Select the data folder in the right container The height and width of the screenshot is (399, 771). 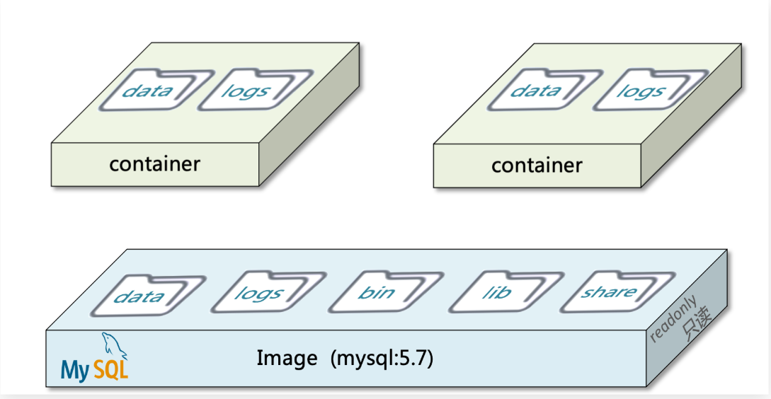point(535,91)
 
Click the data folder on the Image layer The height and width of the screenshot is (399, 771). point(139,296)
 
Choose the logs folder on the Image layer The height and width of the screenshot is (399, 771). point(258,294)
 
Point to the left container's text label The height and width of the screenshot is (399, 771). point(154,164)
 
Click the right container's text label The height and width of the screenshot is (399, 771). point(537,166)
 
